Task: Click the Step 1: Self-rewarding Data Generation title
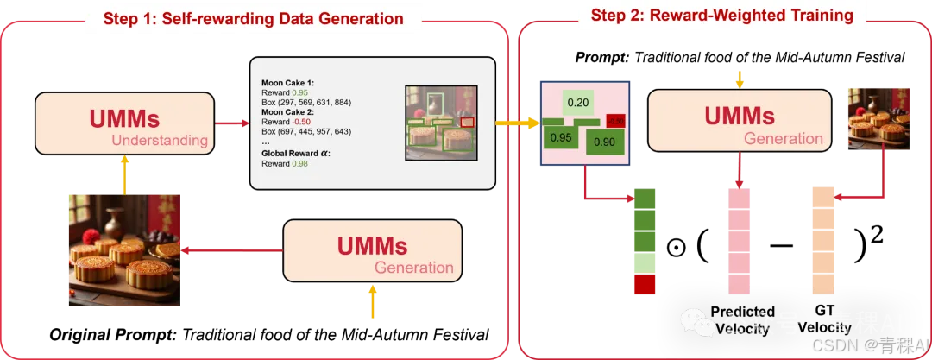[x=253, y=18]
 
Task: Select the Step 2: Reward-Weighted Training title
[x=721, y=15]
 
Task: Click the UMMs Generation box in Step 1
[x=373, y=250]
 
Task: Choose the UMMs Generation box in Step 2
[x=740, y=122]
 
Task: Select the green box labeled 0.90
[x=604, y=142]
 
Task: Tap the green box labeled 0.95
[x=561, y=137]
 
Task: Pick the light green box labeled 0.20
[x=577, y=103]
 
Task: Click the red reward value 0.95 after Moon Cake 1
[x=299, y=92]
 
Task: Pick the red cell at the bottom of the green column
[x=645, y=285]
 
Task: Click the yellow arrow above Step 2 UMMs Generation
[x=740, y=79]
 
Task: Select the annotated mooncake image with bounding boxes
[x=443, y=123]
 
